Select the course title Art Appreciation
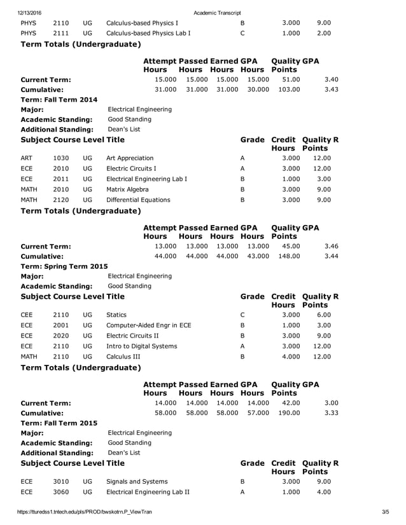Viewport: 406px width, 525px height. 130,158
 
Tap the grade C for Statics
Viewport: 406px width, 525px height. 242,315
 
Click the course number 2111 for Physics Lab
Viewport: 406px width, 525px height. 61,33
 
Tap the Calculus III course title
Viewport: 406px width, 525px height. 123,357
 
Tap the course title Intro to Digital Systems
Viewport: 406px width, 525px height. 142,346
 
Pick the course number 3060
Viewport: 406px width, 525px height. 61,492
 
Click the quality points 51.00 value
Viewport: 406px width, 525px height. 291,79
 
